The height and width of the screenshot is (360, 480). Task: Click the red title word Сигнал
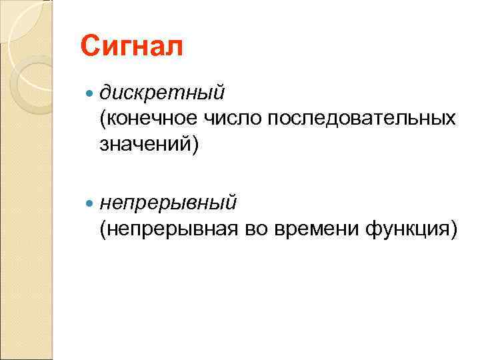(x=130, y=47)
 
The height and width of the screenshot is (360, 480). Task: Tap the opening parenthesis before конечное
(x=103, y=118)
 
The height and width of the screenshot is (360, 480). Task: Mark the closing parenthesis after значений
(x=195, y=145)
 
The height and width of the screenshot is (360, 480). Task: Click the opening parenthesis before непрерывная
(x=103, y=229)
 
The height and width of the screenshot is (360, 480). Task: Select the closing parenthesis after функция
(x=454, y=229)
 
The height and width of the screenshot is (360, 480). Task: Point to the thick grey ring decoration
(x=30, y=83)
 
